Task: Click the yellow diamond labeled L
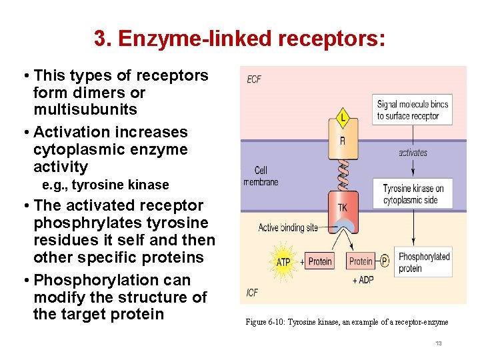tap(343, 117)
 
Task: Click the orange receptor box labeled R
tap(343, 141)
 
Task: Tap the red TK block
tap(342, 207)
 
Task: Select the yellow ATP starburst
tap(283, 261)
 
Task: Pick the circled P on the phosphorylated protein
tap(385, 261)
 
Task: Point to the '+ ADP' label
tap(363, 280)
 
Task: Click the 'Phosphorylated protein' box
tap(424, 262)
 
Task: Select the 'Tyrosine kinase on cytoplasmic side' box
tap(413, 194)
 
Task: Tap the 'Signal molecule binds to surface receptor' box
tap(413, 110)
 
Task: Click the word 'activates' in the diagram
tap(413, 153)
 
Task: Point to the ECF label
tap(254, 79)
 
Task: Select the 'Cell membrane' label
tap(261, 176)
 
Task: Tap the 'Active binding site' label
tap(288, 228)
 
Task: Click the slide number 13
tap(438, 343)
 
